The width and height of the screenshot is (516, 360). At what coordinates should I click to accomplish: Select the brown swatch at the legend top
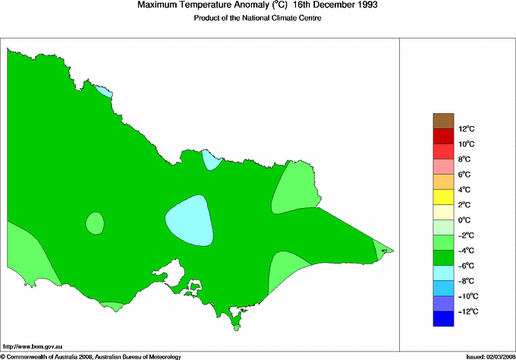442,121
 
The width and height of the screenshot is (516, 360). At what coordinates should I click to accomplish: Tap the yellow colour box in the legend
442,197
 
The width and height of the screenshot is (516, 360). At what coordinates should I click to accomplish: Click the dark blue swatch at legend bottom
442,319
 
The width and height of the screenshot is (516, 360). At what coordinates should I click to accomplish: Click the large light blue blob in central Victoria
190,220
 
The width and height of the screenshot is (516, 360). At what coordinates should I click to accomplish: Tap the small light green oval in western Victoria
95,223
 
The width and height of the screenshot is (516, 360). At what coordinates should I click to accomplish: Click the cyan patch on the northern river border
210,159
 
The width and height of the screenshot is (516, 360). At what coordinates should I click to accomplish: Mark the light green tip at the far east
384,248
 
